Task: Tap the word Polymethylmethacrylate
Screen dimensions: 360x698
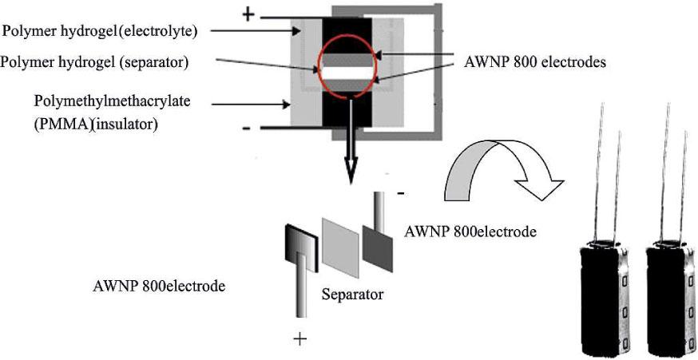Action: click(x=105, y=104)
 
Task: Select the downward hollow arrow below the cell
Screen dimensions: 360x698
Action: click(x=349, y=164)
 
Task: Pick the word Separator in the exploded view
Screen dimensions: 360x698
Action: click(x=352, y=294)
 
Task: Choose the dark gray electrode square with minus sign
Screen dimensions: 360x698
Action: click(x=377, y=243)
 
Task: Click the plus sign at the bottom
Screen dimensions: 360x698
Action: click(x=300, y=339)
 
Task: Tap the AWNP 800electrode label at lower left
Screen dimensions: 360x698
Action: click(x=159, y=286)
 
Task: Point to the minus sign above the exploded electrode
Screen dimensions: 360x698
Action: click(x=400, y=193)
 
